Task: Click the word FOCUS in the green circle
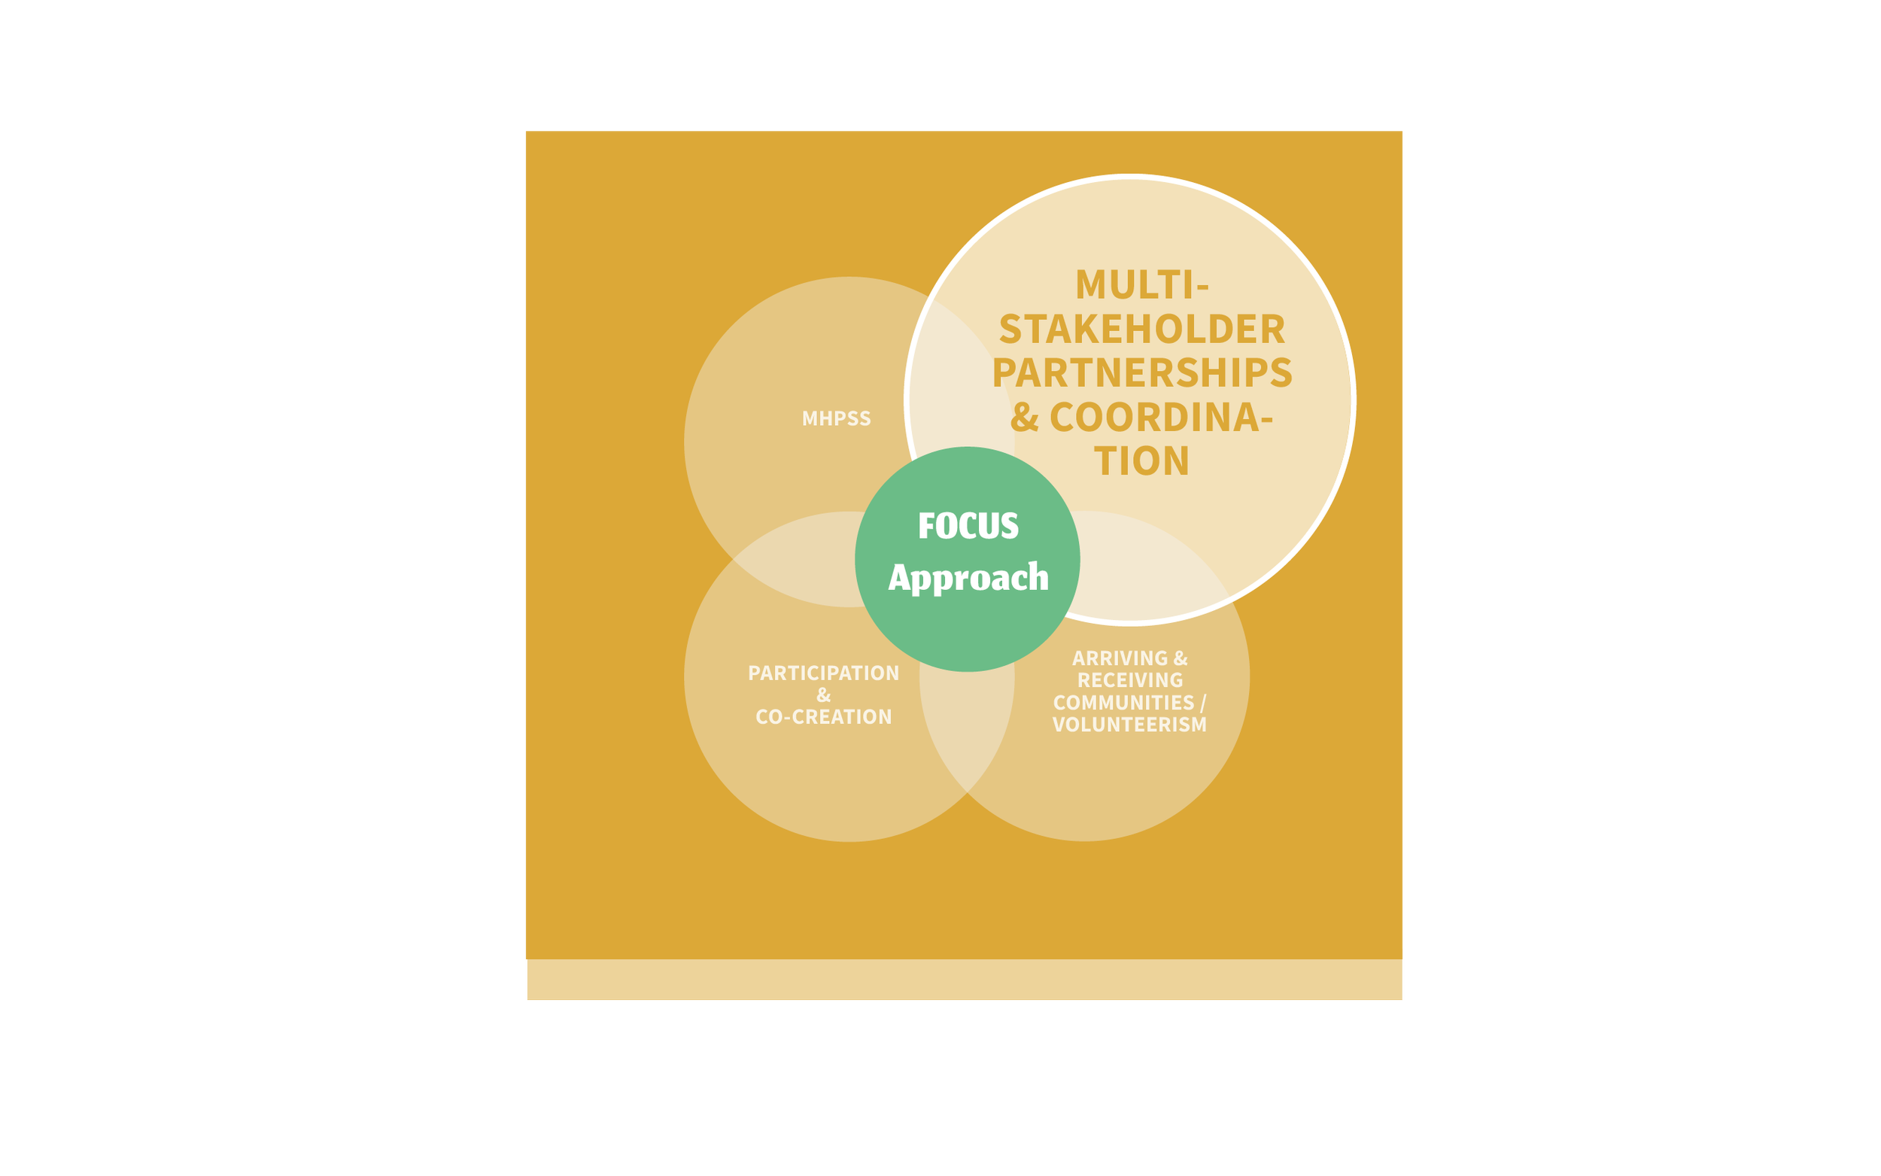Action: [x=968, y=526]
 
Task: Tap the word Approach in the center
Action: [x=968, y=578]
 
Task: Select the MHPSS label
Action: [x=837, y=418]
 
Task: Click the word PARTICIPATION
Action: [x=823, y=673]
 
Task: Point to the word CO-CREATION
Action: [x=823, y=717]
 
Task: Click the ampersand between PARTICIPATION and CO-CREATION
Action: [x=823, y=695]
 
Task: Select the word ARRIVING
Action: [x=1120, y=658]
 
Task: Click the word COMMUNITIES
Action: [x=1123, y=702]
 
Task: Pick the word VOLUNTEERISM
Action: [x=1130, y=725]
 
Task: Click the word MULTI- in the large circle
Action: [x=1141, y=284]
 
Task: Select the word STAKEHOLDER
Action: [x=1141, y=329]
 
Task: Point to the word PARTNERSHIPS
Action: [x=1141, y=372]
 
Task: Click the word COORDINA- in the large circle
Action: [x=1161, y=417]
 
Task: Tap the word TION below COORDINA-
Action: [x=1141, y=460]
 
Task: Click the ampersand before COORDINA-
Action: [x=1025, y=417]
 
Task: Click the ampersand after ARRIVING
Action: [x=1181, y=658]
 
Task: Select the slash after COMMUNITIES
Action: [x=1203, y=703]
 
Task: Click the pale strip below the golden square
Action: [x=965, y=979]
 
